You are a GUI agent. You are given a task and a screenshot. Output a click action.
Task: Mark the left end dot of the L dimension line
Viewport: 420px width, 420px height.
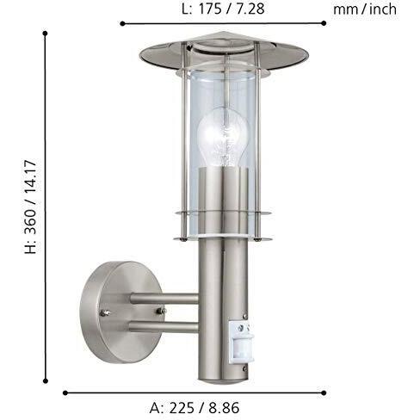pyautogui.click(x=120, y=25)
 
